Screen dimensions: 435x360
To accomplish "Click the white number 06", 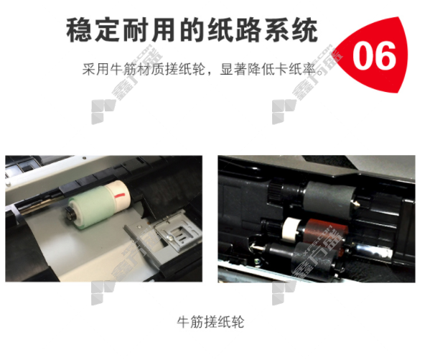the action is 374,55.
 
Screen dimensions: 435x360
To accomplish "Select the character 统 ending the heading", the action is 305,29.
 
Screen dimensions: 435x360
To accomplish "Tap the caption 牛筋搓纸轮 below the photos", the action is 210,322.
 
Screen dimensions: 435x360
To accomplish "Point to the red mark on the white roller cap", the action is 120,195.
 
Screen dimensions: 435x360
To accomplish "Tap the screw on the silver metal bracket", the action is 170,238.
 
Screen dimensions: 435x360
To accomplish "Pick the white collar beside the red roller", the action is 293,229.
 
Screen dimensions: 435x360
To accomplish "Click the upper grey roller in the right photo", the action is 330,197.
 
